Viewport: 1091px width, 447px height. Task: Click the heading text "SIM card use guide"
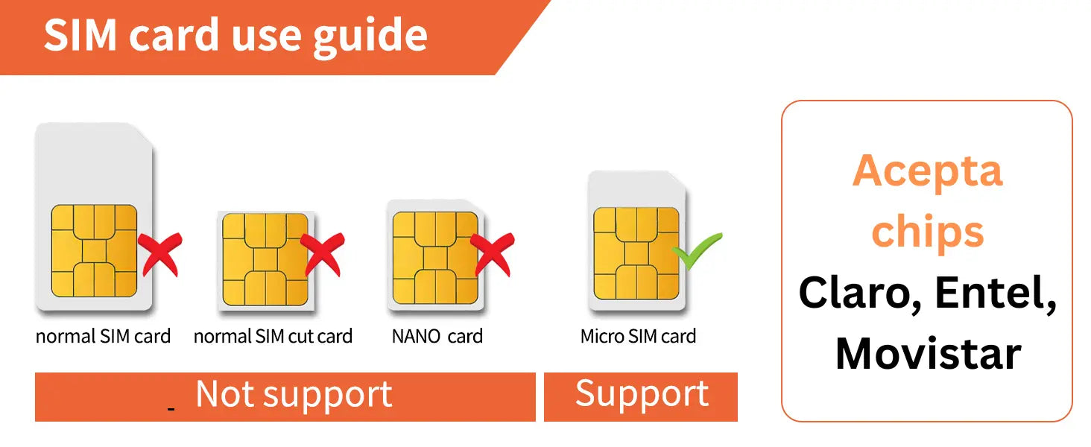pyautogui.click(x=235, y=35)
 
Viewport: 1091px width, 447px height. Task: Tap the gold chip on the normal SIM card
pyautogui.click(x=94, y=251)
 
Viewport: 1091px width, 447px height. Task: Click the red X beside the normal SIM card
pyautogui.click(x=159, y=253)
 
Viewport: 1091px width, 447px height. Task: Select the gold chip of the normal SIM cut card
pyautogui.click(x=265, y=259)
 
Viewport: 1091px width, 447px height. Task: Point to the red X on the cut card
pyautogui.click(x=322, y=253)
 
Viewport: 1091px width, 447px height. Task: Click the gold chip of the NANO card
pyautogui.click(x=435, y=258)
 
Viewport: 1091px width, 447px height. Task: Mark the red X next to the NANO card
pyautogui.click(x=492, y=253)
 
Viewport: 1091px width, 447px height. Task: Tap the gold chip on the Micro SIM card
pyautogui.click(x=636, y=253)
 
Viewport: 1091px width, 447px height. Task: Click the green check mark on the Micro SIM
pyautogui.click(x=698, y=252)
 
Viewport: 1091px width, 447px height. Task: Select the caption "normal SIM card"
pyautogui.click(x=103, y=336)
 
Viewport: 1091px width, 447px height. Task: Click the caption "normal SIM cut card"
pyautogui.click(x=273, y=336)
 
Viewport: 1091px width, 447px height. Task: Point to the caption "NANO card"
pyautogui.click(x=437, y=336)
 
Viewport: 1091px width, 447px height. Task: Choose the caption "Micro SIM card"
pyautogui.click(x=638, y=336)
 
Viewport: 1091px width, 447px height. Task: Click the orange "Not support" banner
pyautogui.click(x=285, y=396)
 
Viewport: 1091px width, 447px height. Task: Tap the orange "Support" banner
pyautogui.click(x=641, y=396)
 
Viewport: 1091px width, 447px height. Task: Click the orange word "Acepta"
pyautogui.click(x=927, y=171)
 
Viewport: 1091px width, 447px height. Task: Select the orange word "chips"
pyautogui.click(x=927, y=232)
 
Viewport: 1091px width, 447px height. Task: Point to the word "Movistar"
pyautogui.click(x=927, y=353)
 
